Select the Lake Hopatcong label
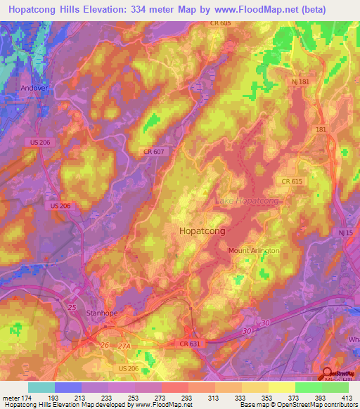click(x=246, y=201)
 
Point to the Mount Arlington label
click(x=254, y=250)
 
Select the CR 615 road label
click(x=292, y=181)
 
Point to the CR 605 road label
click(x=220, y=23)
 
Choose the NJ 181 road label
click(x=300, y=82)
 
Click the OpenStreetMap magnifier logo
click(x=328, y=374)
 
